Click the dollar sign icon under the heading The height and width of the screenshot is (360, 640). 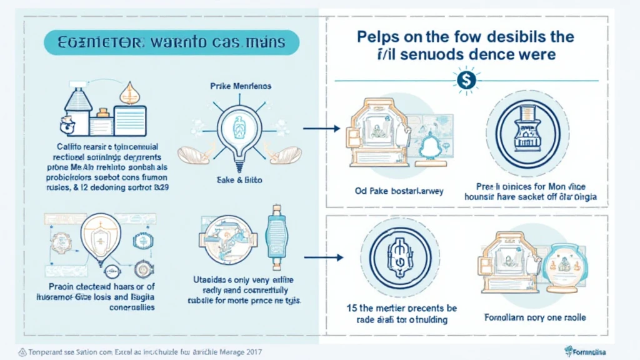465,80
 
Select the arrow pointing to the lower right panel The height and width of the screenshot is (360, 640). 323,257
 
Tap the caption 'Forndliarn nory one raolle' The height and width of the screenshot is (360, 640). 536,317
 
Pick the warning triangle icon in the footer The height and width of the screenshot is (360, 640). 23,352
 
